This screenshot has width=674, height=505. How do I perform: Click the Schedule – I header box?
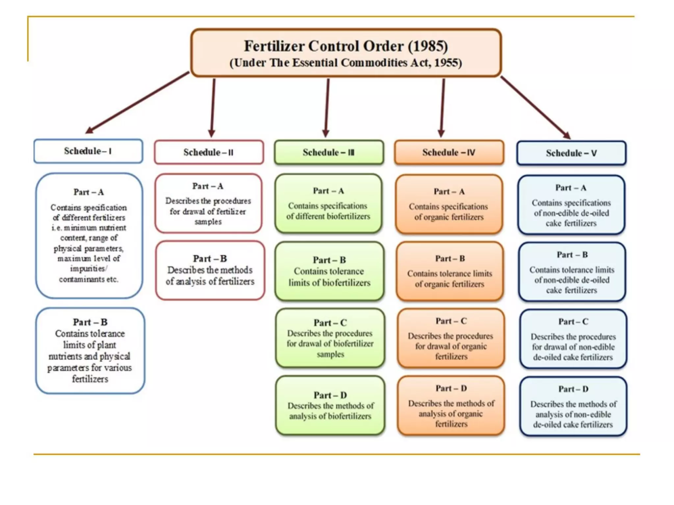[88, 151]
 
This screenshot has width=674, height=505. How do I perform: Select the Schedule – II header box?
[209, 152]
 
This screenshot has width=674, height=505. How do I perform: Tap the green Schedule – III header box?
[329, 152]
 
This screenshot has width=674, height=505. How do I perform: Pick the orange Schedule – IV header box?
[449, 152]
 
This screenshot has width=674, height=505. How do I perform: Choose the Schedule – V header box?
[571, 153]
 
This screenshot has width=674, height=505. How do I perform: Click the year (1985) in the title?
[428, 46]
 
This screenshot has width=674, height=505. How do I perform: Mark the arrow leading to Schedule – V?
[536, 107]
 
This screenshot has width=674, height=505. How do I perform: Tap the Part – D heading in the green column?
[330, 395]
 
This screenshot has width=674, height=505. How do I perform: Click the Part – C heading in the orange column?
[451, 321]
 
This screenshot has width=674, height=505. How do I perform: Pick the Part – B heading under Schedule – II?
[210, 259]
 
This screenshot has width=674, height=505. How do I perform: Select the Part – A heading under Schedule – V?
[571, 188]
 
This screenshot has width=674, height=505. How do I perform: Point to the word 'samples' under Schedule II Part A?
[208, 222]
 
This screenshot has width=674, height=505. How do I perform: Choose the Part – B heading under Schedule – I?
[90, 322]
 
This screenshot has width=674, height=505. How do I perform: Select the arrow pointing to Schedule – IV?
[443, 108]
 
